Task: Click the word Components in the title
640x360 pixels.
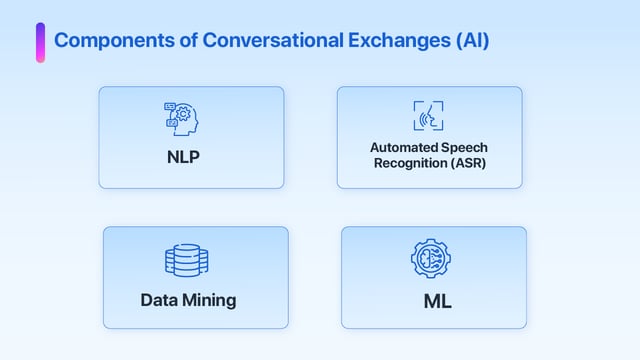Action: [x=110, y=41]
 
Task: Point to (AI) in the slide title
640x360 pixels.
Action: [x=471, y=41]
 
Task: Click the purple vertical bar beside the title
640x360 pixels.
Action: [x=40, y=42]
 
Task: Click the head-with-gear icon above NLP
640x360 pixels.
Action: [x=182, y=118]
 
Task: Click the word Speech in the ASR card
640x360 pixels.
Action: [x=461, y=147]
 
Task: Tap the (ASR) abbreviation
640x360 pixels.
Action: [x=467, y=163]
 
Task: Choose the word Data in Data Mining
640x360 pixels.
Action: [x=159, y=299]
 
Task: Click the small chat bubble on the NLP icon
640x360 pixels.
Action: [x=170, y=106]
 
